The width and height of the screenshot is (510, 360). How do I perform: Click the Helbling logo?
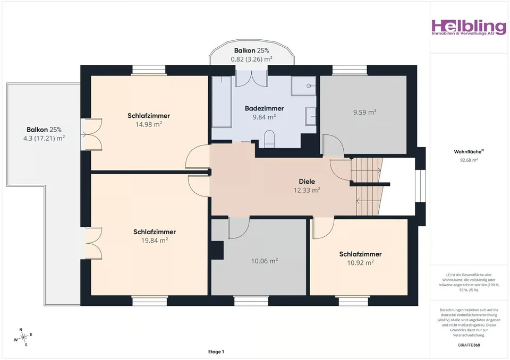[469, 27]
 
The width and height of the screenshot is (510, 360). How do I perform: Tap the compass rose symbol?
[23, 338]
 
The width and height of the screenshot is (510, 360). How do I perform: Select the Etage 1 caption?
[216, 352]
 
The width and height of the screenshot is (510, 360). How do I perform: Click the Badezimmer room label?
[264, 108]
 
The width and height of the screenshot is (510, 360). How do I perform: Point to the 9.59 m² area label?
[364, 112]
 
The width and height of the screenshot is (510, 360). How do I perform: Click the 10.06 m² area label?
[264, 261]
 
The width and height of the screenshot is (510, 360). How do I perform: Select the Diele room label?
[307, 182]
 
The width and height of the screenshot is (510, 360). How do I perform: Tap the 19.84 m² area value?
[155, 241]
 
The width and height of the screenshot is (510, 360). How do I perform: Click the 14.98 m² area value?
[149, 124]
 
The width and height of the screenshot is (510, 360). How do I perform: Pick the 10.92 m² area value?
[360, 262]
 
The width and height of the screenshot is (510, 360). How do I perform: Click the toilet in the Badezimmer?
[269, 139]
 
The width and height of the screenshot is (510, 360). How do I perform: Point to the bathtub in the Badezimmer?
[222, 102]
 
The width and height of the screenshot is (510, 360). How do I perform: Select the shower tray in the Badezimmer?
[303, 86]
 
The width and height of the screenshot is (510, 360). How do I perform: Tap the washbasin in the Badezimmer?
[311, 116]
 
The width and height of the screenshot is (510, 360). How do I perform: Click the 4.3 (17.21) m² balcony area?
[44, 138]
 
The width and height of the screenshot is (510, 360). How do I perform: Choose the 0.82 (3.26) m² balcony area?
[251, 59]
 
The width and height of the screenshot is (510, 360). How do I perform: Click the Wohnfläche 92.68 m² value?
[469, 160]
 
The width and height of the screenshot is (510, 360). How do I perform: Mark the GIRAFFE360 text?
[469, 345]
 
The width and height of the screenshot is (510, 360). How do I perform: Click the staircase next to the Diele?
[367, 186]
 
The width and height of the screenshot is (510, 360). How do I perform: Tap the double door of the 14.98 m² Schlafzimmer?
[91, 134]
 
